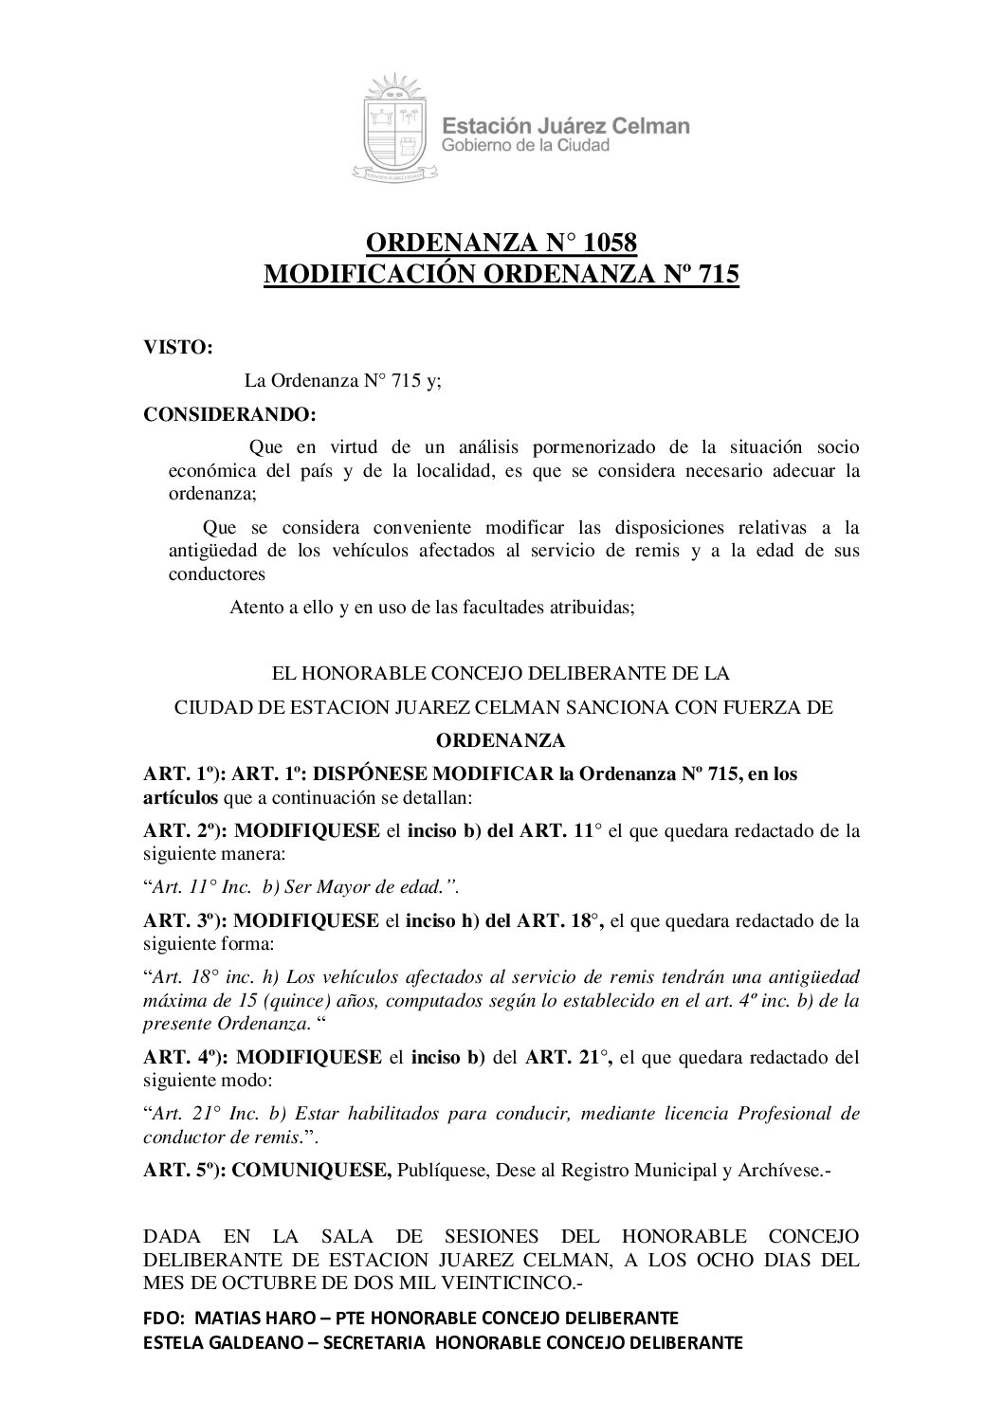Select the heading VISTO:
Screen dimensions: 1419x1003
coord(177,347)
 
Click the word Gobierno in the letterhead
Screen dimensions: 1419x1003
coord(476,146)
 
